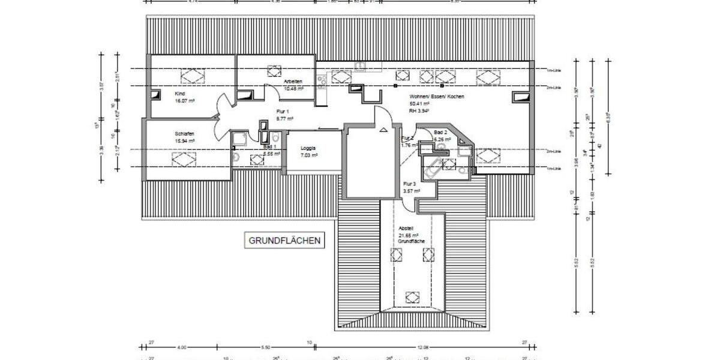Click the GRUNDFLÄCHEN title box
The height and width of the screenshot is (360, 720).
coord(285,241)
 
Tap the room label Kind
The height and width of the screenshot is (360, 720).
coord(179,94)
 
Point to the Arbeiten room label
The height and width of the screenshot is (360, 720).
coord(293,82)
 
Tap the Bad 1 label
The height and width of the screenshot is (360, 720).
coord(269,146)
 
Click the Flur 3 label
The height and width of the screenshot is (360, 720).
coord(410,184)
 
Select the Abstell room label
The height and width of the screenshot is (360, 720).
coord(406,229)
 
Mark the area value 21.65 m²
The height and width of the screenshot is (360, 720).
coord(409,235)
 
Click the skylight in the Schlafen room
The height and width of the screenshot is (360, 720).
coord(184,158)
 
